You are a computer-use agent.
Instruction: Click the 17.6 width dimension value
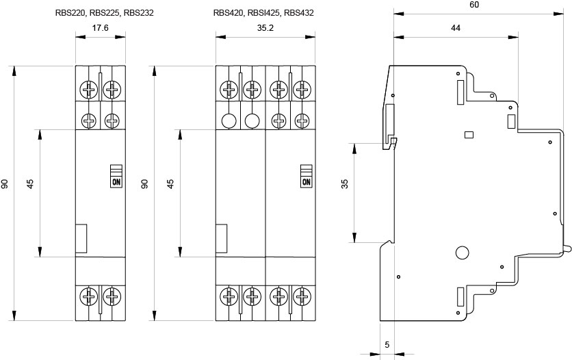pos(101,28)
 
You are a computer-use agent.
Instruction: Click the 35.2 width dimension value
pos(265,28)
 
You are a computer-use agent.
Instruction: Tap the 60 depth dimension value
pos(474,5)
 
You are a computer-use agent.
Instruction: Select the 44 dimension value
pos(455,28)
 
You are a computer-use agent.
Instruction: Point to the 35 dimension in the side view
pos(345,185)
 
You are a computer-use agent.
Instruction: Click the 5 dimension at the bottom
pos(387,344)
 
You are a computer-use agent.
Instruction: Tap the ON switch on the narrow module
pos(115,181)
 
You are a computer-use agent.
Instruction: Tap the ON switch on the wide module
pos(306,181)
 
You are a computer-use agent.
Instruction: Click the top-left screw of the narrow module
pos(89,89)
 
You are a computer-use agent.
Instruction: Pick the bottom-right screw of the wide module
pos(300,296)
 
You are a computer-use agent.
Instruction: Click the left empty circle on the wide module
pos(229,122)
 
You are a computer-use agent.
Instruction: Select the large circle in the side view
pos(462,253)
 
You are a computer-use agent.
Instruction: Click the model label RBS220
pos(70,12)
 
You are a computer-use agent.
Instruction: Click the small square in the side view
pos(469,135)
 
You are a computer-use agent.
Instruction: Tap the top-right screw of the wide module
pos(300,89)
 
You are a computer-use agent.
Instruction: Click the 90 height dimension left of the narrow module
pos(5,185)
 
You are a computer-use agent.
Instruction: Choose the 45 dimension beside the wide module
pos(170,185)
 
